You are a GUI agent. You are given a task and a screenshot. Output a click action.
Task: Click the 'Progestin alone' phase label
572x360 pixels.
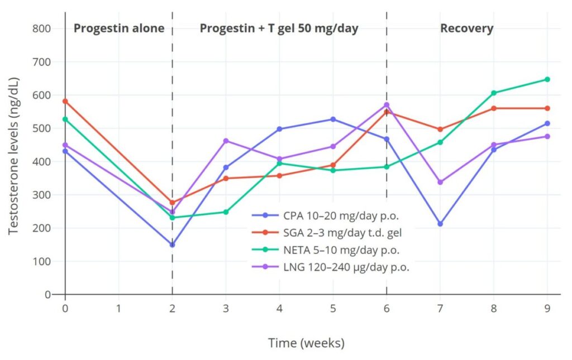coord(119,29)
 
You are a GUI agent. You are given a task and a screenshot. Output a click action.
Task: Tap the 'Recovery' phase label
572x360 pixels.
coord(466,29)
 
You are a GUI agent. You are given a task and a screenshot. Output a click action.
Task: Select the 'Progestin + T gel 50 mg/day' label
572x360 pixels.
coord(279,29)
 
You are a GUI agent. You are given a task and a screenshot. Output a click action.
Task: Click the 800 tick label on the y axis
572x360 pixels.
coord(42,29)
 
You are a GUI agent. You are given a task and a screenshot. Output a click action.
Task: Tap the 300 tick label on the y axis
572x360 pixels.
coord(42,195)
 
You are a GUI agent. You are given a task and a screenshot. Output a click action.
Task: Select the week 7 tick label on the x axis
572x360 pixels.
coord(440,308)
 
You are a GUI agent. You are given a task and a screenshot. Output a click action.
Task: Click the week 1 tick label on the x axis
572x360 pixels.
coord(119,308)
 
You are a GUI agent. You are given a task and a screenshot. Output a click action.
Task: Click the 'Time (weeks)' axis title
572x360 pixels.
coord(306,342)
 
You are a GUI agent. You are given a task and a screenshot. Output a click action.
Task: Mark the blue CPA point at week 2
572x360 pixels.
coord(172,245)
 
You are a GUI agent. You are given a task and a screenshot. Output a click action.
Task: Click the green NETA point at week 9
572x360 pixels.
coord(547,79)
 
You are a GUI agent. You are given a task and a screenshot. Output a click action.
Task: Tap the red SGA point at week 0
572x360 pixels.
coord(65,101)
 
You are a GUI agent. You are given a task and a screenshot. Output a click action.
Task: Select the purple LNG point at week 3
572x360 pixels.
coord(226,141)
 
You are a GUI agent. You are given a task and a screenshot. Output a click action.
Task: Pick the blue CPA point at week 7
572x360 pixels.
coord(440,224)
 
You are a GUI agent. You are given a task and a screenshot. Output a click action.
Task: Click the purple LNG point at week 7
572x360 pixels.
coord(440,182)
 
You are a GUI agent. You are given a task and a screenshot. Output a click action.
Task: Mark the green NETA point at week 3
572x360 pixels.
coord(226,212)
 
